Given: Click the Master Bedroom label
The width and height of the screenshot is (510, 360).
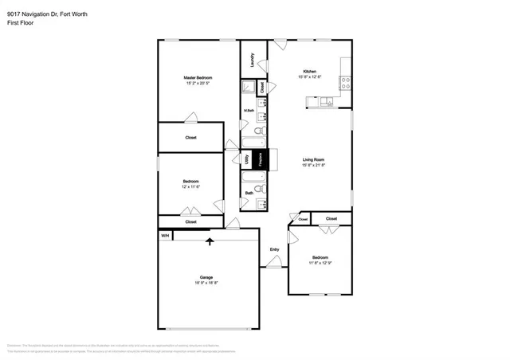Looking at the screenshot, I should pyautogui.click(x=198, y=77).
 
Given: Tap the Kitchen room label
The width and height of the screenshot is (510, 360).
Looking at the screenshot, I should pyautogui.click(x=309, y=70).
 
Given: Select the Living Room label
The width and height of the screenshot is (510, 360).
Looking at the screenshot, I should pyautogui.click(x=313, y=159).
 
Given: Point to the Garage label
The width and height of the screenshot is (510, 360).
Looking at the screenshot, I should pyautogui.click(x=206, y=277).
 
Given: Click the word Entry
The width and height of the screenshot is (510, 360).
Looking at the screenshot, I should pyautogui.click(x=274, y=250).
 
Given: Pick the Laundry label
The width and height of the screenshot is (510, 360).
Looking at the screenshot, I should pyautogui.click(x=252, y=61).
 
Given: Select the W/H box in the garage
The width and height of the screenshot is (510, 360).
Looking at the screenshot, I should pyautogui.click(x=165, y=236).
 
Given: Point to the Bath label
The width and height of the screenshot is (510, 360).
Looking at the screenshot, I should pyautogui.click(x=249, y=192).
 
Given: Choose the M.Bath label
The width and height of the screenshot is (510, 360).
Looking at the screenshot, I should pyautogui.click(x=249, y=110).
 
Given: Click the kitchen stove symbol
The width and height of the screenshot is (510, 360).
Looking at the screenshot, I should pyautogui.click(x=346, y=82).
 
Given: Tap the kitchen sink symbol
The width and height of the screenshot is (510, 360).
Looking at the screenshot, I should pyautogui.click(x=328, y=101).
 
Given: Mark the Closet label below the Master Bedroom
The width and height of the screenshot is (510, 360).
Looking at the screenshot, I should pyautogui.click(x=191, y=138).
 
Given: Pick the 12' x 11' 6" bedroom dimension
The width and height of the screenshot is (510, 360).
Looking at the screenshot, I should pyautogui.click(x=190, y=186).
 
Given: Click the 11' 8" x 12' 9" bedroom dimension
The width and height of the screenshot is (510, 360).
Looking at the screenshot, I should pyautogui.click(x=320, y=263).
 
